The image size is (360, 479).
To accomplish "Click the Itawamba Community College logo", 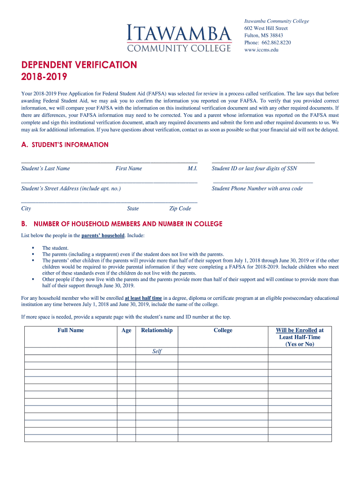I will pyautogui.click(x=179, y=38).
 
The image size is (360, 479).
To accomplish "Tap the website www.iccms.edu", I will pyautogui.click(x=261, y=50).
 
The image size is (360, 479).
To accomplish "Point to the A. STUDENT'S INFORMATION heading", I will pyautogui.click(x=65, y=145).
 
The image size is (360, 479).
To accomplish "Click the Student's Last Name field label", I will pyautogui.click(x=45, y=168).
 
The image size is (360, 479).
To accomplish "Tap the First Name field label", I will pyautogui.click(x=129, y=168).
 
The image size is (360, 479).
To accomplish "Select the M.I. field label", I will pyautogui.click(x=193, y=168).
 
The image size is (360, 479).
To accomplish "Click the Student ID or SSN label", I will pyautogui.click(x=254, y=168).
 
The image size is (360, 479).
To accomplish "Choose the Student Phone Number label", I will pyautogui.click(x=257, y=189).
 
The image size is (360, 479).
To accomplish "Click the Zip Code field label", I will pyautogui.click(x=180, y=209).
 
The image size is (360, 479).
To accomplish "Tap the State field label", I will pyautogui.click(x=133, y=209).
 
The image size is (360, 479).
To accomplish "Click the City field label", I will pyautogui.click(x=26, y=209).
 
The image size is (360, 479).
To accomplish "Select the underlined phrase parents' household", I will pyautogui.click(x=103, y=235).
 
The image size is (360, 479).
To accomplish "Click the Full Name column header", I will pyautogui.click(x=71, y=330).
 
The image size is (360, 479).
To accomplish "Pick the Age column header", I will pyautogui.click(x=126, y=330).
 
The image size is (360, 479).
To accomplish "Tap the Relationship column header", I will pyautogui.click(x=157, y=330).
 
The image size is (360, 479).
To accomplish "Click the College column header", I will pyautogui.click(x=223, y=330).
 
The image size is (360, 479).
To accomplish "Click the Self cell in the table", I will pyautogui.click(x=157, y=351).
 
